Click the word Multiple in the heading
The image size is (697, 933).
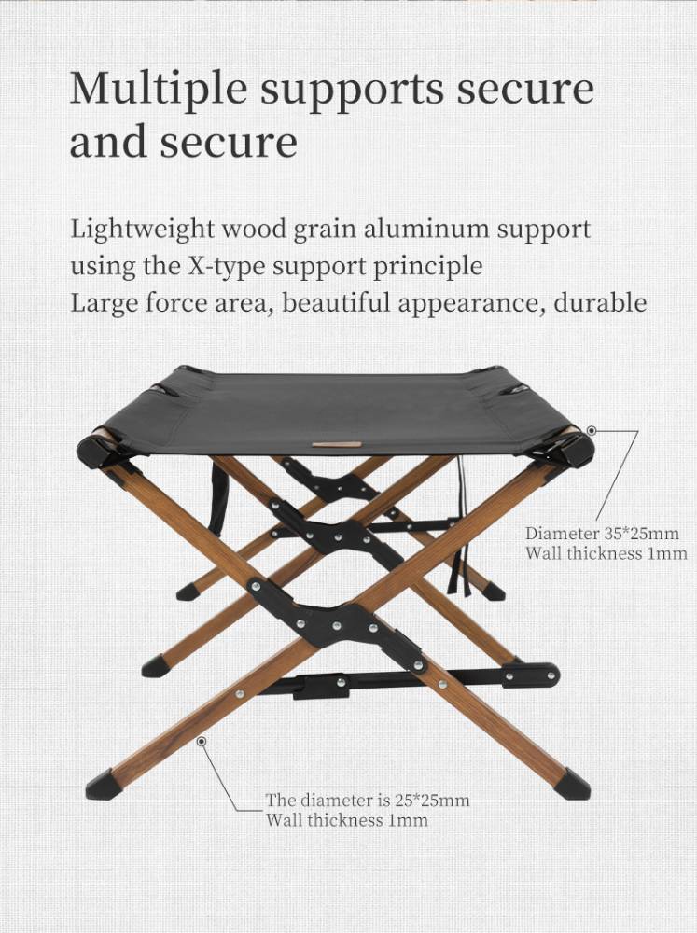point(159,90)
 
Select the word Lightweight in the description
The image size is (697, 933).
point(142,230)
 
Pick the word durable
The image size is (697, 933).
point(600,302)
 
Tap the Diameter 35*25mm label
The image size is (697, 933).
point(602,533)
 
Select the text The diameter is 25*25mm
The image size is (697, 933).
point(368,800)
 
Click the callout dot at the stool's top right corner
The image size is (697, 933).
point(592,430)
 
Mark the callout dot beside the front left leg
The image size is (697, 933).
point(202,742)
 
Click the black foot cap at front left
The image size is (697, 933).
point(101,785)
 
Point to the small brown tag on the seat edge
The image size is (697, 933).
point(337,444)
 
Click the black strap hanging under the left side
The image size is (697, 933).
point(218,494)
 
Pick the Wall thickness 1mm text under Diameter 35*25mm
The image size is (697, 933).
point(606,553)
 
